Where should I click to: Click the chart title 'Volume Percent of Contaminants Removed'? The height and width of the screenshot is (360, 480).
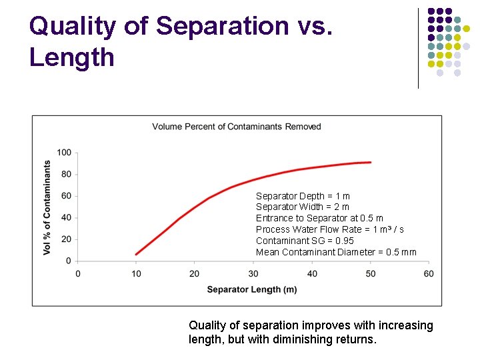237,127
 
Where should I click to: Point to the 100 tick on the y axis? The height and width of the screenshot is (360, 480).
64,153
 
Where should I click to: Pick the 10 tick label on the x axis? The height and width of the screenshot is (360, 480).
136,273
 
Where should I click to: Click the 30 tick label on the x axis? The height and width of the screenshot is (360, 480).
253,273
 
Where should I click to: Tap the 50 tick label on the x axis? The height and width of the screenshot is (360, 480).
370,273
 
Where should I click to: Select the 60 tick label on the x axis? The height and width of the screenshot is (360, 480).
429,273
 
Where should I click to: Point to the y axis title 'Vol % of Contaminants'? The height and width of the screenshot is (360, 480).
47,207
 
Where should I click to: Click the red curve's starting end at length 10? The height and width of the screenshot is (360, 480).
136,254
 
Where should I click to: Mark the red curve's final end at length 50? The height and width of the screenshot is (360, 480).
370,162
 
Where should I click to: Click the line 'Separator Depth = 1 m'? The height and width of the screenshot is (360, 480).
303,196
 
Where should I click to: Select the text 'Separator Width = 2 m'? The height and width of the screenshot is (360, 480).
303,207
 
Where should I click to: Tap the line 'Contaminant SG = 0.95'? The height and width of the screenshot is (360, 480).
305,241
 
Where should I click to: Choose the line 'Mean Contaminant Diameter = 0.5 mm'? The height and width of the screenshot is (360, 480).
336,252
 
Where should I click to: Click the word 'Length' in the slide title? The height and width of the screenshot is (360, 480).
72,57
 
